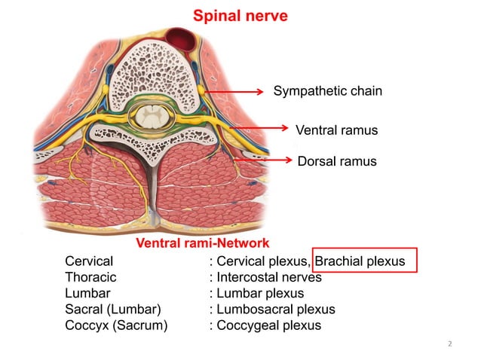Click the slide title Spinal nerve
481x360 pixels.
tap(240, 15)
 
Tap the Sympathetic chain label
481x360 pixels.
tap(327, 91)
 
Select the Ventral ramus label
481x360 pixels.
tap(335, 130)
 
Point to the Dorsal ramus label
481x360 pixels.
tap(336, 161)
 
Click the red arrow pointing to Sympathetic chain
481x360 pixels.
tap(237, 91)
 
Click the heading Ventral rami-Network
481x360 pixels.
tap(202, 243)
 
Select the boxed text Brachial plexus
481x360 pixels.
tap(360, 261)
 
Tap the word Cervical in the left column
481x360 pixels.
tap(89, 261)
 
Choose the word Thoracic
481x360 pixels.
tap(90, 277)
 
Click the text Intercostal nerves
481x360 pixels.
tap(269, 277)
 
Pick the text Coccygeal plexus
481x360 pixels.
tap(268, 325)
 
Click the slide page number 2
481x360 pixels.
tap(449, 344)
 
